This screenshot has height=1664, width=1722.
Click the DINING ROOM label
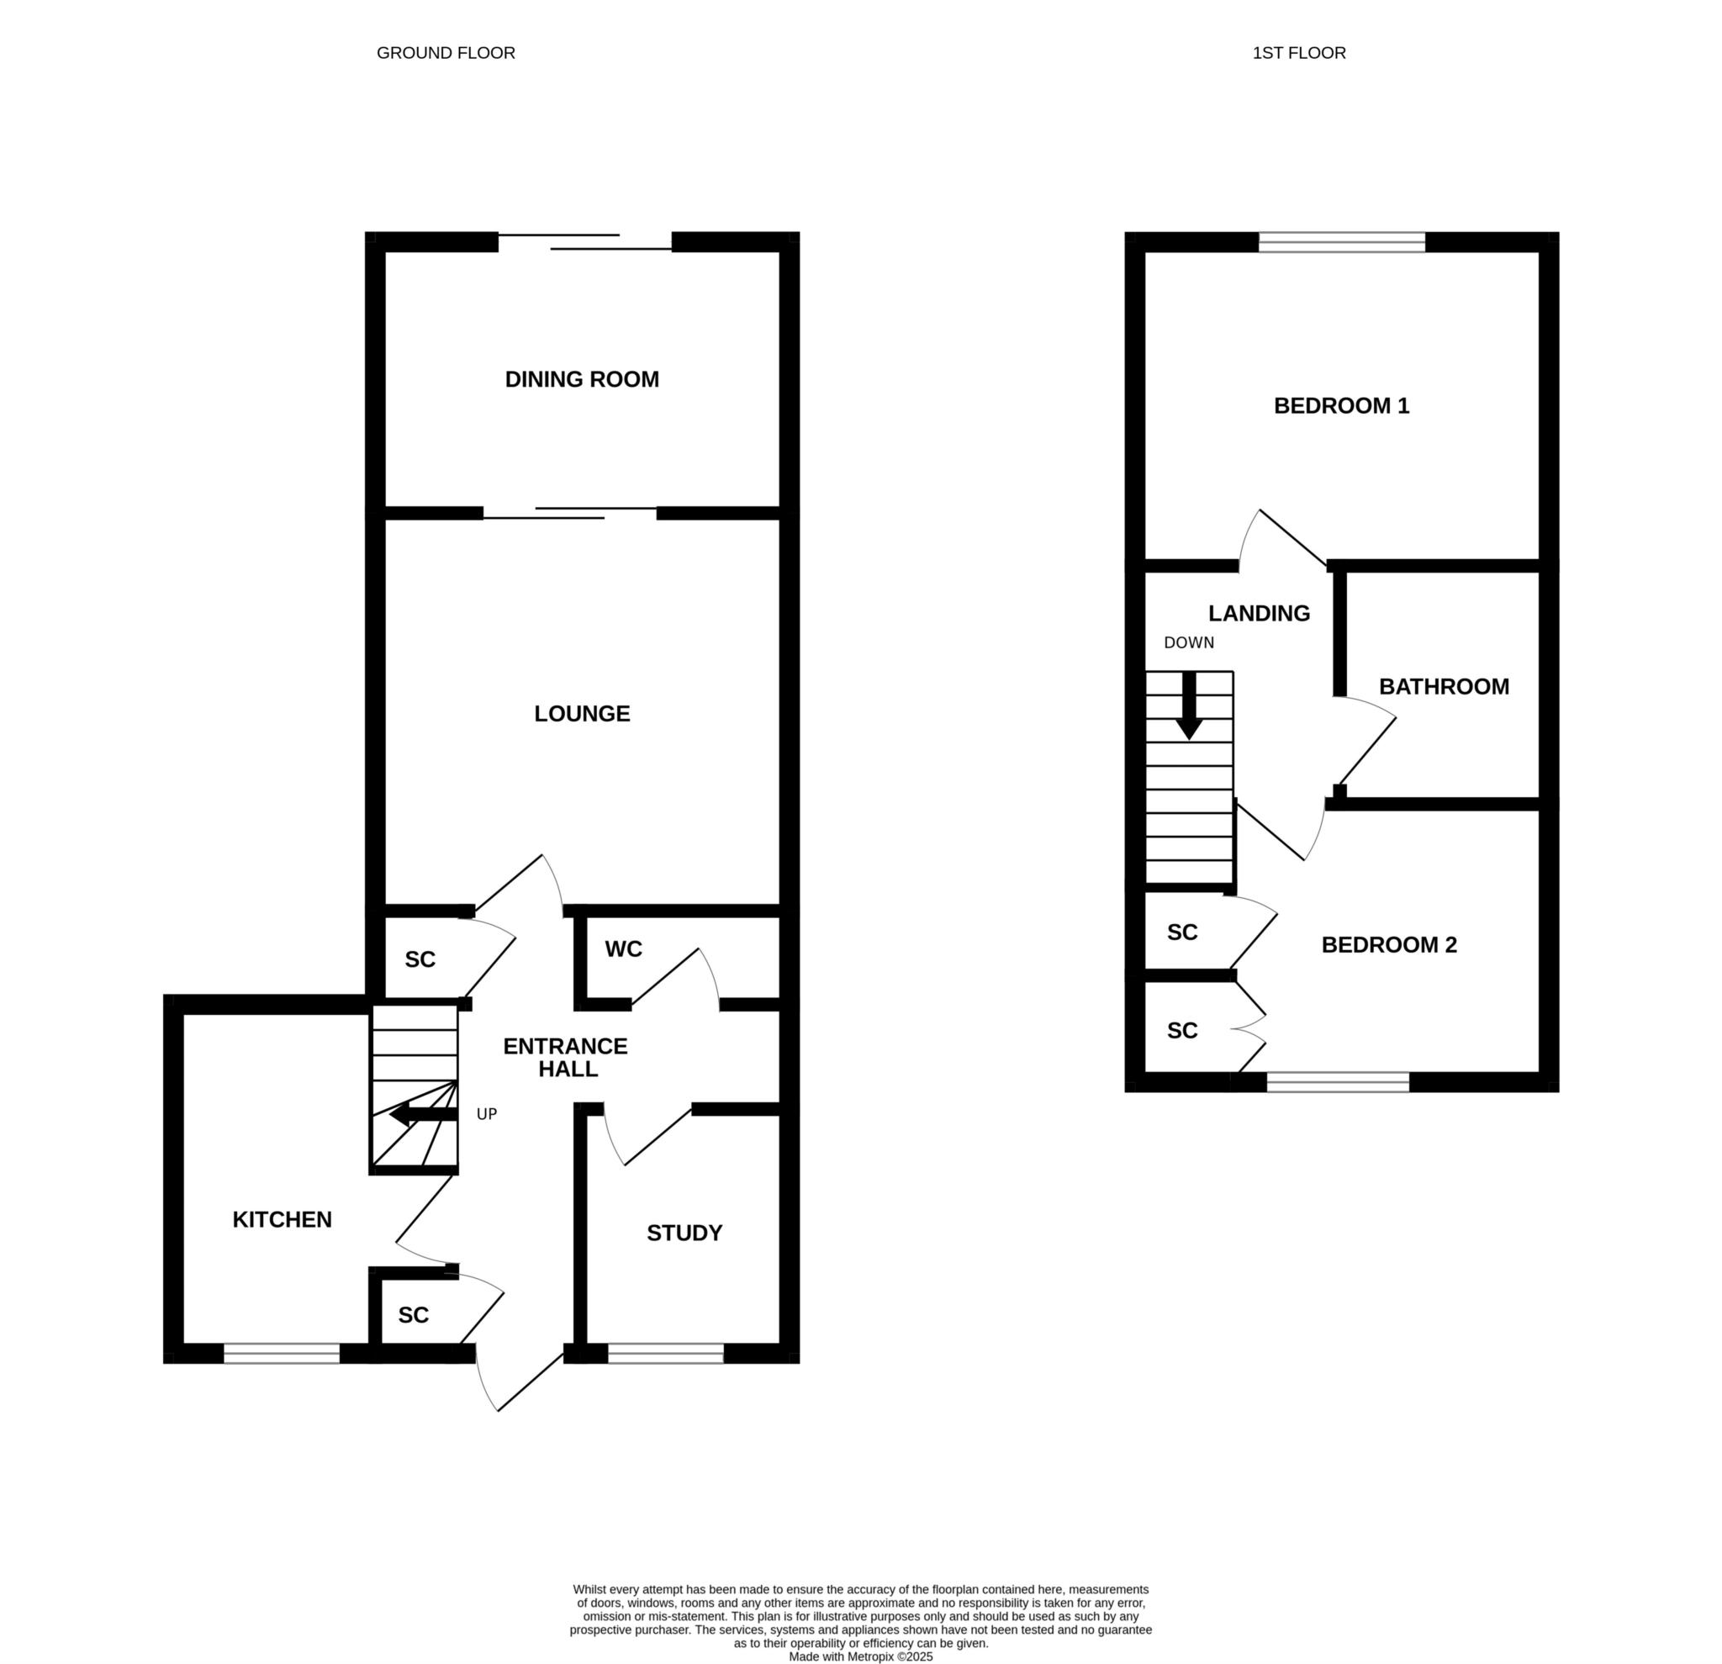tap(582, 379)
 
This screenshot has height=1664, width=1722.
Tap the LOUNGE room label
tap(582, 713)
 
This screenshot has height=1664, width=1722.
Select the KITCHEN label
tap(282, 1219)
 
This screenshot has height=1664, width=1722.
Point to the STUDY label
tap(684, 1233)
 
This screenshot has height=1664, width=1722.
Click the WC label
tap(623, 948)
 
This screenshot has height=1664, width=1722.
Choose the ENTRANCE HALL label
tap(566, 1058)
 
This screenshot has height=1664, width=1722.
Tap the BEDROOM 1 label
tap(1342, 406)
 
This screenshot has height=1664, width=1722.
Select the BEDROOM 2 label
tap(1389, 944)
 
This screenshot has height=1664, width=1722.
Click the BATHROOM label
tap(1445, 687)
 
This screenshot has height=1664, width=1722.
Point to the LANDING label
tap(1259, 613)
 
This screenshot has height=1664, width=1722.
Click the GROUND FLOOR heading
tap(446, 53)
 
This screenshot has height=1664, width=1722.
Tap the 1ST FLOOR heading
tap(1299, 53)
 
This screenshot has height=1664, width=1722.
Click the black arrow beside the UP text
tap(424, 1116)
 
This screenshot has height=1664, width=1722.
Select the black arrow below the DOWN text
tap(1190, 706)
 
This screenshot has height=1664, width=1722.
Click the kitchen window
tap(282, 1354)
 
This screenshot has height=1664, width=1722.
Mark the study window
tap(666, 1354)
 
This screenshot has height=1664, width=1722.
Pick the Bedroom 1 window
tap(1342, 242)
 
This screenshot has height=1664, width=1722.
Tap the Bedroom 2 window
tap(1338, 1082)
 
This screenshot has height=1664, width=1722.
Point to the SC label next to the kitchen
tap(413, 1315)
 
